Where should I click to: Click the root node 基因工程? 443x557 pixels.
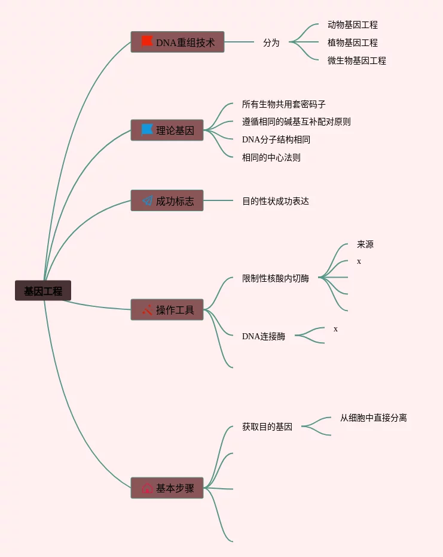pos(43,291)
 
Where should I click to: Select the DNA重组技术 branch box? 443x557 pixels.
pos(178,42)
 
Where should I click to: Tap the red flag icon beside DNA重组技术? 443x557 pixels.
pos(147,41)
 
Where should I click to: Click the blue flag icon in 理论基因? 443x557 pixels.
pos(147,129)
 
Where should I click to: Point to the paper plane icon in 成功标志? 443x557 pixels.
pos(147,201)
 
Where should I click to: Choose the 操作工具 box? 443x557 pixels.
pos(167,310)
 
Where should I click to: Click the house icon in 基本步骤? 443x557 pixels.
pos(147,488)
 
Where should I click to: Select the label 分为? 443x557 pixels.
pos(271,42)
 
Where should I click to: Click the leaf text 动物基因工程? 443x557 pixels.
pos(353,25)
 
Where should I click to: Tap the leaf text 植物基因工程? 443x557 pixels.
pos(353,42)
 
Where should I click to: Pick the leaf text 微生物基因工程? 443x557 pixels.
pos(357,60)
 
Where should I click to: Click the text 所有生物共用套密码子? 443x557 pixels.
pos(284,104)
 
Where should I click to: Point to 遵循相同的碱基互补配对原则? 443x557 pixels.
pos(297,121)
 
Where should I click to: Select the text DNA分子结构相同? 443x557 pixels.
pos(276,139)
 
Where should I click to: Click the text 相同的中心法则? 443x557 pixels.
pos(271,157)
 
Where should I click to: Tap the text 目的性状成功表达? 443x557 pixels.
pos(276,201)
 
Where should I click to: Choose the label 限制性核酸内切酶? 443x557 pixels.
pos(276,278)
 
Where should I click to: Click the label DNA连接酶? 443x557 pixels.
pos(264,336)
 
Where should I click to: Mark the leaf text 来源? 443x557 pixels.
pos(365,244)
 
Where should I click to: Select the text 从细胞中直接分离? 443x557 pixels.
pos(374,418)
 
